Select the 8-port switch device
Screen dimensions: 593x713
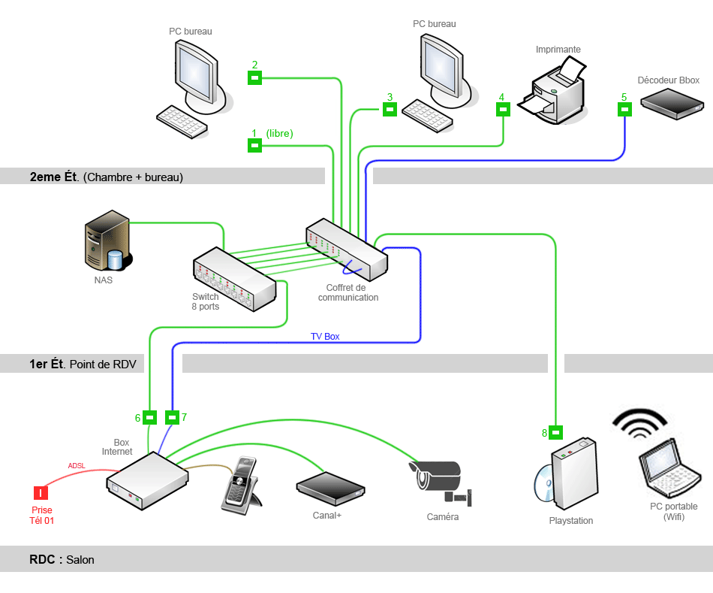click(234, 280)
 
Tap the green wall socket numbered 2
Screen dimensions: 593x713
click(254, 77)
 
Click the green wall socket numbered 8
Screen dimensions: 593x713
click(555, 432)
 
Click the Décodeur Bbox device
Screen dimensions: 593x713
click(670, 104)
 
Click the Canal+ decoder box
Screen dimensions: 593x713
click(330, 488)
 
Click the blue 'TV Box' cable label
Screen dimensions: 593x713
click(325, 337)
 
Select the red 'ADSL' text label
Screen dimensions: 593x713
click(77, 466)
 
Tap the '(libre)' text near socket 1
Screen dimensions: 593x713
click(279, 134)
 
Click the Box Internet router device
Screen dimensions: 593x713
click(147, 480)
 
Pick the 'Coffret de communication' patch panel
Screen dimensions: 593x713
click(347, 249)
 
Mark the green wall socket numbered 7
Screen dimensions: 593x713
click(172, 416)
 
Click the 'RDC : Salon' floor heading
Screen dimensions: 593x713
click(62, 560)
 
